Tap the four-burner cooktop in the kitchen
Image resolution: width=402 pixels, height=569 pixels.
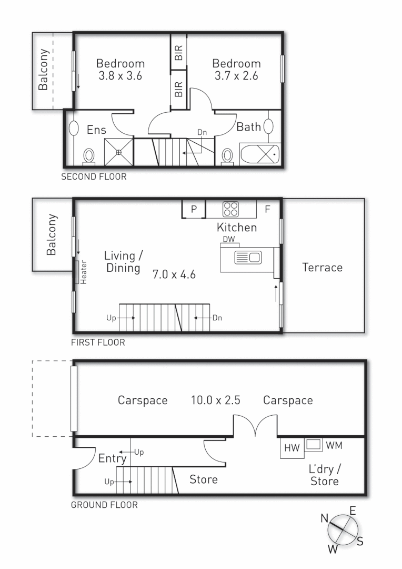(230, 209)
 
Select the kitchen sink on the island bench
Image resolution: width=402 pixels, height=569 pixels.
(248, 258)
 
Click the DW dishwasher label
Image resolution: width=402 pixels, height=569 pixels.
(228, 240)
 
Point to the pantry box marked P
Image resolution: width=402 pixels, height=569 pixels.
(194, 209)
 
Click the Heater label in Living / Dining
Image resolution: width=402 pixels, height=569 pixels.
(83, 272)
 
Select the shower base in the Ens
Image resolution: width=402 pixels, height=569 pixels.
(119, 152)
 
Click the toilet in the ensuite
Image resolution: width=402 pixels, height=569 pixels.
(89, 156)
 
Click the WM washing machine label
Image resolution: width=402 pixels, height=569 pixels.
(334, 446)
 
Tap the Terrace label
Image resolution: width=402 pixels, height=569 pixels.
(322, 268)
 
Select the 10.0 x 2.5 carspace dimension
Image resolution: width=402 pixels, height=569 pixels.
(215, 400)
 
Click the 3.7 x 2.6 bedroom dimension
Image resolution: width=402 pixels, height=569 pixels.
(236, 76)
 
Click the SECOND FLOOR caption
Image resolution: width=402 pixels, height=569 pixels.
(94, 177)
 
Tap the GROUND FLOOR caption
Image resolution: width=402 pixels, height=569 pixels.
(104, 505)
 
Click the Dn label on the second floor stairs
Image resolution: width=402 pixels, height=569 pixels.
(202, 132)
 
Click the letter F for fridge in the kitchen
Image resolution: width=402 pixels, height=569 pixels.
(267, 209)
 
